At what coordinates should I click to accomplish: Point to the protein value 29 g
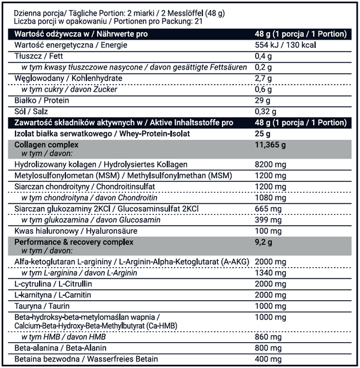point(262,100)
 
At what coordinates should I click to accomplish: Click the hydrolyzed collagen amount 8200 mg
point(270,164)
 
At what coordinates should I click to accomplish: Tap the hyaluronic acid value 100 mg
point(268,231)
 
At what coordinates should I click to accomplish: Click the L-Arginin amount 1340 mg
point(270,274)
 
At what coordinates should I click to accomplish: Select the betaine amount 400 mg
point(268,359)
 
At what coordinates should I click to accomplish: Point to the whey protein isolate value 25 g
point(262,133)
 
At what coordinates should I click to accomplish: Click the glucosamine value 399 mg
point(268,220)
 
